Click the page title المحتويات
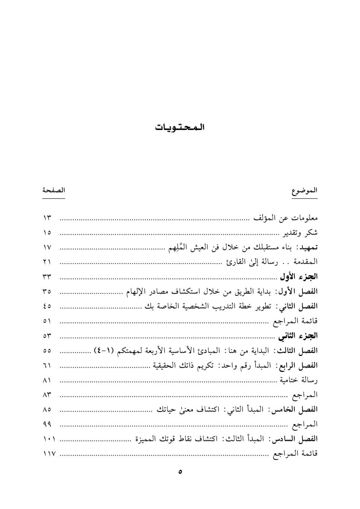pos(180,128)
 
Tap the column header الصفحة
pos(54,190)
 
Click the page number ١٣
pos(48,218)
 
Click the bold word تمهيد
pos(308,247)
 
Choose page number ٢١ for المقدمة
pos(48,262)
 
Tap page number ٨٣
pos(48,395)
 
